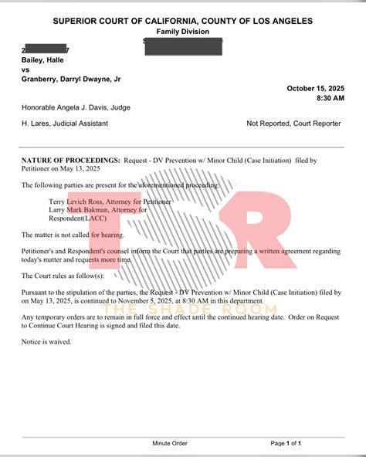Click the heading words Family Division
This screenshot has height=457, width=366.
click(x=182, y=31)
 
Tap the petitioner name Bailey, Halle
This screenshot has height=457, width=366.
click(x=42, y=59)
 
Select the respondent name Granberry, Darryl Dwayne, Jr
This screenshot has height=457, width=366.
click(x=71, y=79)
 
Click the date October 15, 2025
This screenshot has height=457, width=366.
click(x=313, y=88)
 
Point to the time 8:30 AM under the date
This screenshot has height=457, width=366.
click(x=326, y=98)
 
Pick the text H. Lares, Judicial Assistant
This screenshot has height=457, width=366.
click(x=65, y=123)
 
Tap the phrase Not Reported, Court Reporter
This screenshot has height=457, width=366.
click(x=293, y=123)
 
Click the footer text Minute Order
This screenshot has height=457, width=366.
click(x=169, y=444)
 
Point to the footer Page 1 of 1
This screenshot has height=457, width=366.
click(x=286, y=444)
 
